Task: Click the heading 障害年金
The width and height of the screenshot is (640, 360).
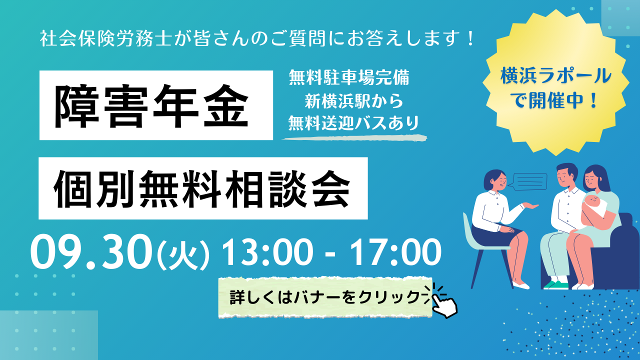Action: click(x=151, y=105)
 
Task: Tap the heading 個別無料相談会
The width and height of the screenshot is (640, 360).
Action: click(x=201, y=189)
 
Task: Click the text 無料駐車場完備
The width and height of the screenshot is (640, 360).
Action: click(x=349, y=77)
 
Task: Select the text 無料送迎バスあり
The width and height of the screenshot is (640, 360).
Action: click(x=353, y=123)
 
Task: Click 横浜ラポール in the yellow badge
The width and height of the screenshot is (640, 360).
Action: click(x=555, y=76)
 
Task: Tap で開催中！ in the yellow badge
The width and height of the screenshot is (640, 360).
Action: click(x=555, y=100)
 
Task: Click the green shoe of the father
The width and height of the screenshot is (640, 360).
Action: click(x=555, y=284)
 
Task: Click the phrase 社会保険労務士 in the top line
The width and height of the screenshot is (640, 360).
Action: click(x=105, y=38)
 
